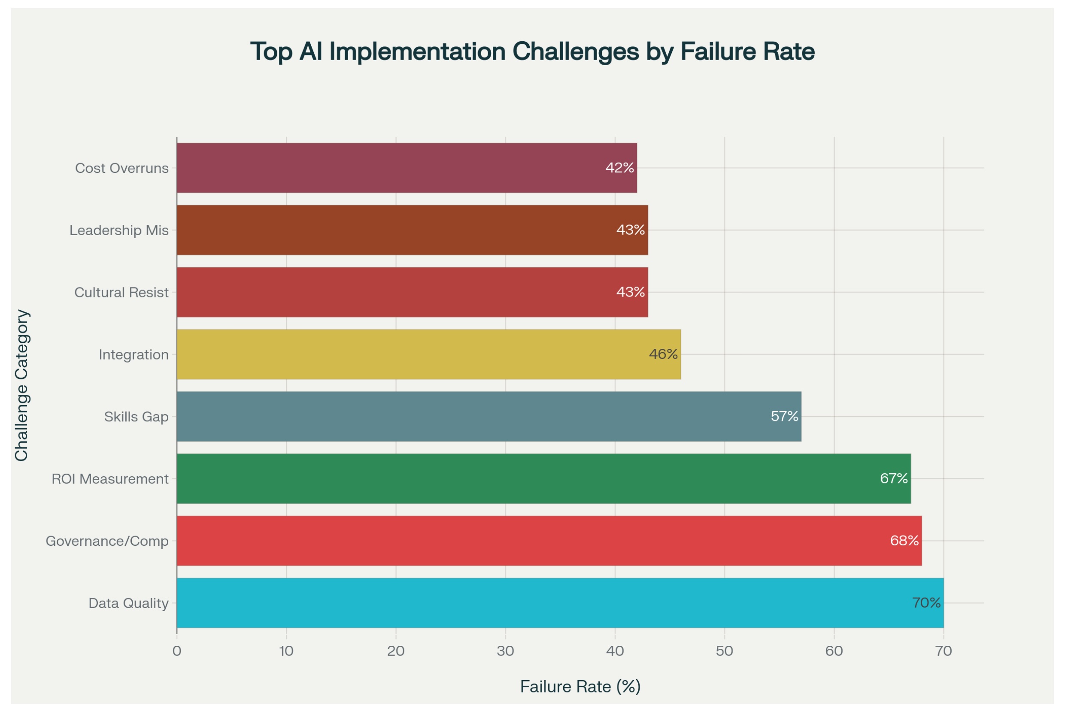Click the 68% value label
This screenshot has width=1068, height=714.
[904, 541]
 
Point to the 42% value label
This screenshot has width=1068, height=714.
[619, 168]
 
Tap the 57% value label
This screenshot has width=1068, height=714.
[784, 416]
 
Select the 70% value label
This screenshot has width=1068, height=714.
[926, 603]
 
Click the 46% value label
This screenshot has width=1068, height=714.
[663, 354]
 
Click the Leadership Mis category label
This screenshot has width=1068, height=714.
[119, 230]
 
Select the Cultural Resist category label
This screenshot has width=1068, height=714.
[121, 292]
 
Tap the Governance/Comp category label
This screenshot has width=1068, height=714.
[107, 541]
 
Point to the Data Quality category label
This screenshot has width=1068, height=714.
[128, 603]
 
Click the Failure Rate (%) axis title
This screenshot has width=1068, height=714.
[580, 687]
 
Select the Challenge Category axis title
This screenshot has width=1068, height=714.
[21, 385]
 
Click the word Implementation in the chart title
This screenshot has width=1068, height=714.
[417, 51]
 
